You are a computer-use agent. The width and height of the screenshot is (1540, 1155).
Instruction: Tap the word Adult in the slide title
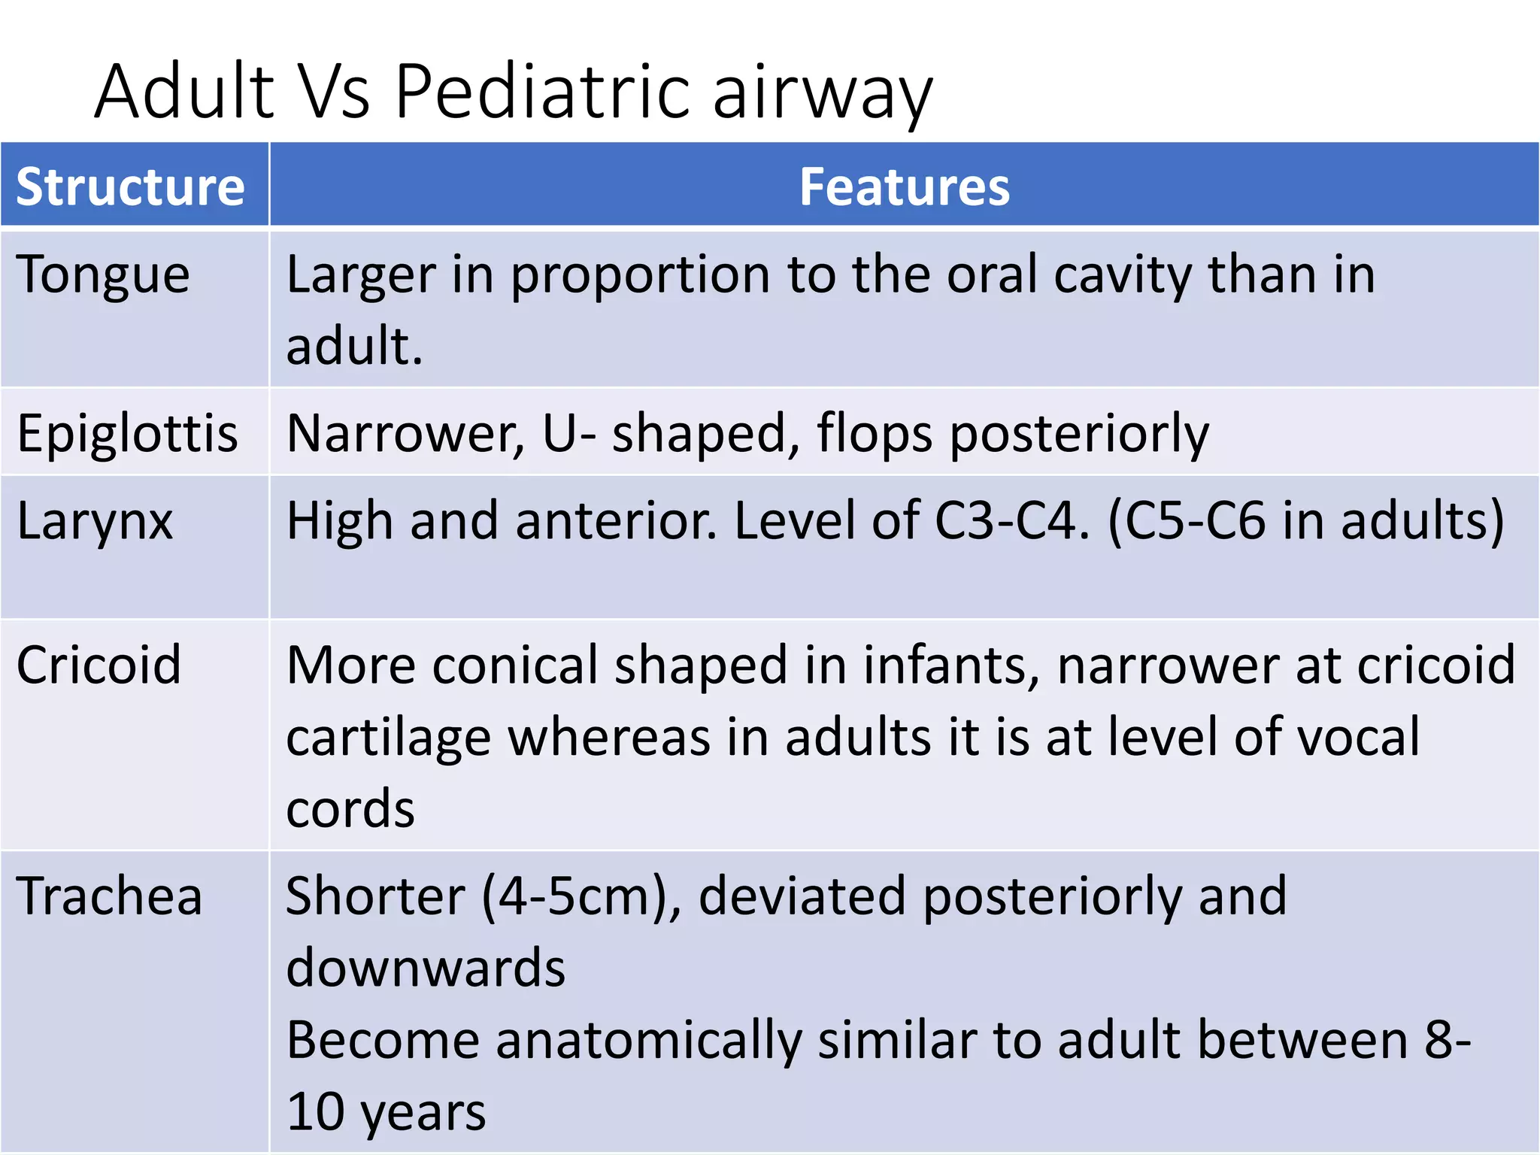tap(185, 92)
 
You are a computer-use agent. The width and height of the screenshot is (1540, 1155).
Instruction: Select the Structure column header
tap(130, 187)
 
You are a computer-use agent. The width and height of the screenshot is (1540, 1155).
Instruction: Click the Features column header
tap(904, 187)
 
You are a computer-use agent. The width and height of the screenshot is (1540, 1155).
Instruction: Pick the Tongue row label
tap(103, 275)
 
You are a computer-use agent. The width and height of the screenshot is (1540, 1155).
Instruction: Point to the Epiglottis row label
tap(127, 435)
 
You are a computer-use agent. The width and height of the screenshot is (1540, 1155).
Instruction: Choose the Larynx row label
tap(95, 521)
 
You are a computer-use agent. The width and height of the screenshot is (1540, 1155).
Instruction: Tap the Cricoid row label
tap(99, 665)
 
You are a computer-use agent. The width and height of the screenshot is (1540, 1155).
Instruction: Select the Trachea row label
tap(109, 896)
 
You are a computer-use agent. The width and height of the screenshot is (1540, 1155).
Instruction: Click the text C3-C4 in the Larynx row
tap(1011, 521)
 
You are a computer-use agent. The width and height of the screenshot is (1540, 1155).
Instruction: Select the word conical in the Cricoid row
tap(514, 665)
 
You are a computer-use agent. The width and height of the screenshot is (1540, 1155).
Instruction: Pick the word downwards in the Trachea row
tap(426, 968)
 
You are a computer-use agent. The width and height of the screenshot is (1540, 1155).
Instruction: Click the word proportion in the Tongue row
tap(640, 275)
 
